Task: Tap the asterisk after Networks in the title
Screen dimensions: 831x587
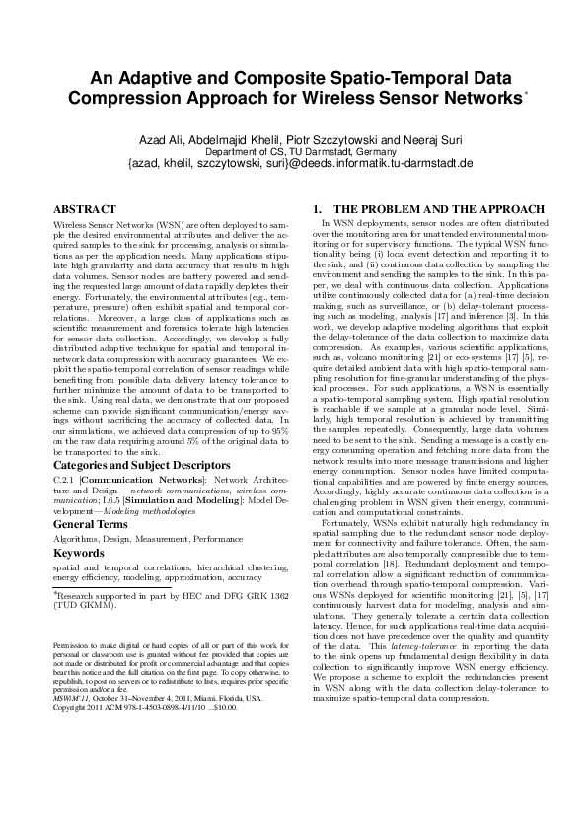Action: [527, 94]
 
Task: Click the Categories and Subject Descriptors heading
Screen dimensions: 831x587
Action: [134, 462]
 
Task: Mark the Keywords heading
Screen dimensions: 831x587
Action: [79, 555]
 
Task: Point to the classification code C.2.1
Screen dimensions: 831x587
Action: [64, 480]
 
